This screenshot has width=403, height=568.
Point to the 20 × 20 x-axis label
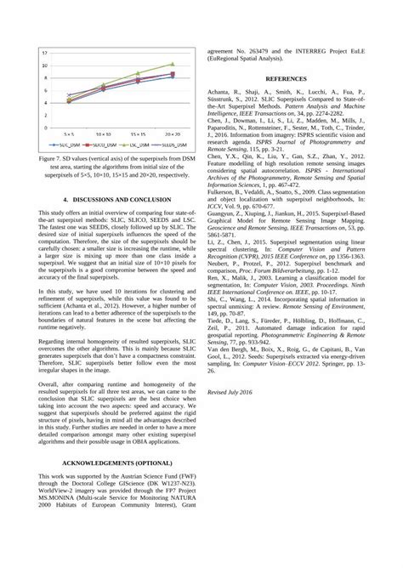pyautogui.click(x=173, y=134)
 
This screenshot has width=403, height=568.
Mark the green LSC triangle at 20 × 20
pyautogui.click(x=173, y=64)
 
